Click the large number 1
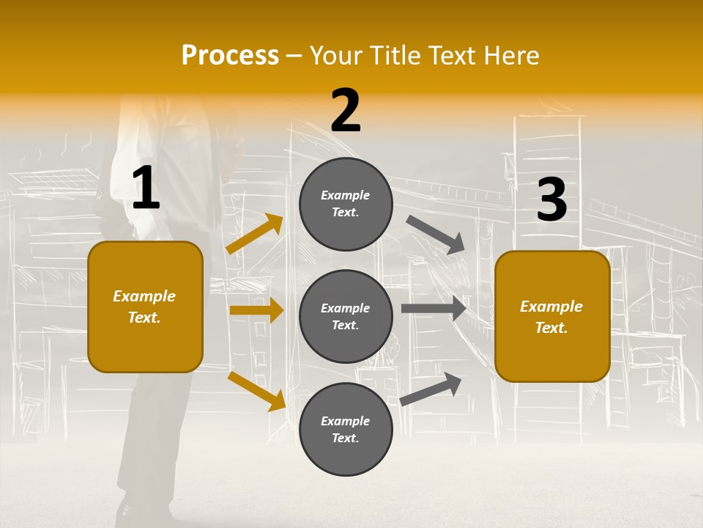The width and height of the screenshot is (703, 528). tap(146, 188)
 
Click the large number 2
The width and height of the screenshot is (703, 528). tap(346, 111)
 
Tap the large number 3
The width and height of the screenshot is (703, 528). tap(551, 200)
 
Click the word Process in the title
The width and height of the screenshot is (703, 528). tap(230, 55)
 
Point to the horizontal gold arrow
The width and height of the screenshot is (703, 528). tap(256, 310)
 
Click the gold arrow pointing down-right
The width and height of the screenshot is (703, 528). tap(257, 390)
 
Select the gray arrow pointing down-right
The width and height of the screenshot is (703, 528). tap(436, 235)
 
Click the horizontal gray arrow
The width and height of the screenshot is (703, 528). tap(434, 309)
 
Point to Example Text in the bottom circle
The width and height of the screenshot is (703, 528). tap(346, 429)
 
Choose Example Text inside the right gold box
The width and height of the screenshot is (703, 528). tap(551, 317)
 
